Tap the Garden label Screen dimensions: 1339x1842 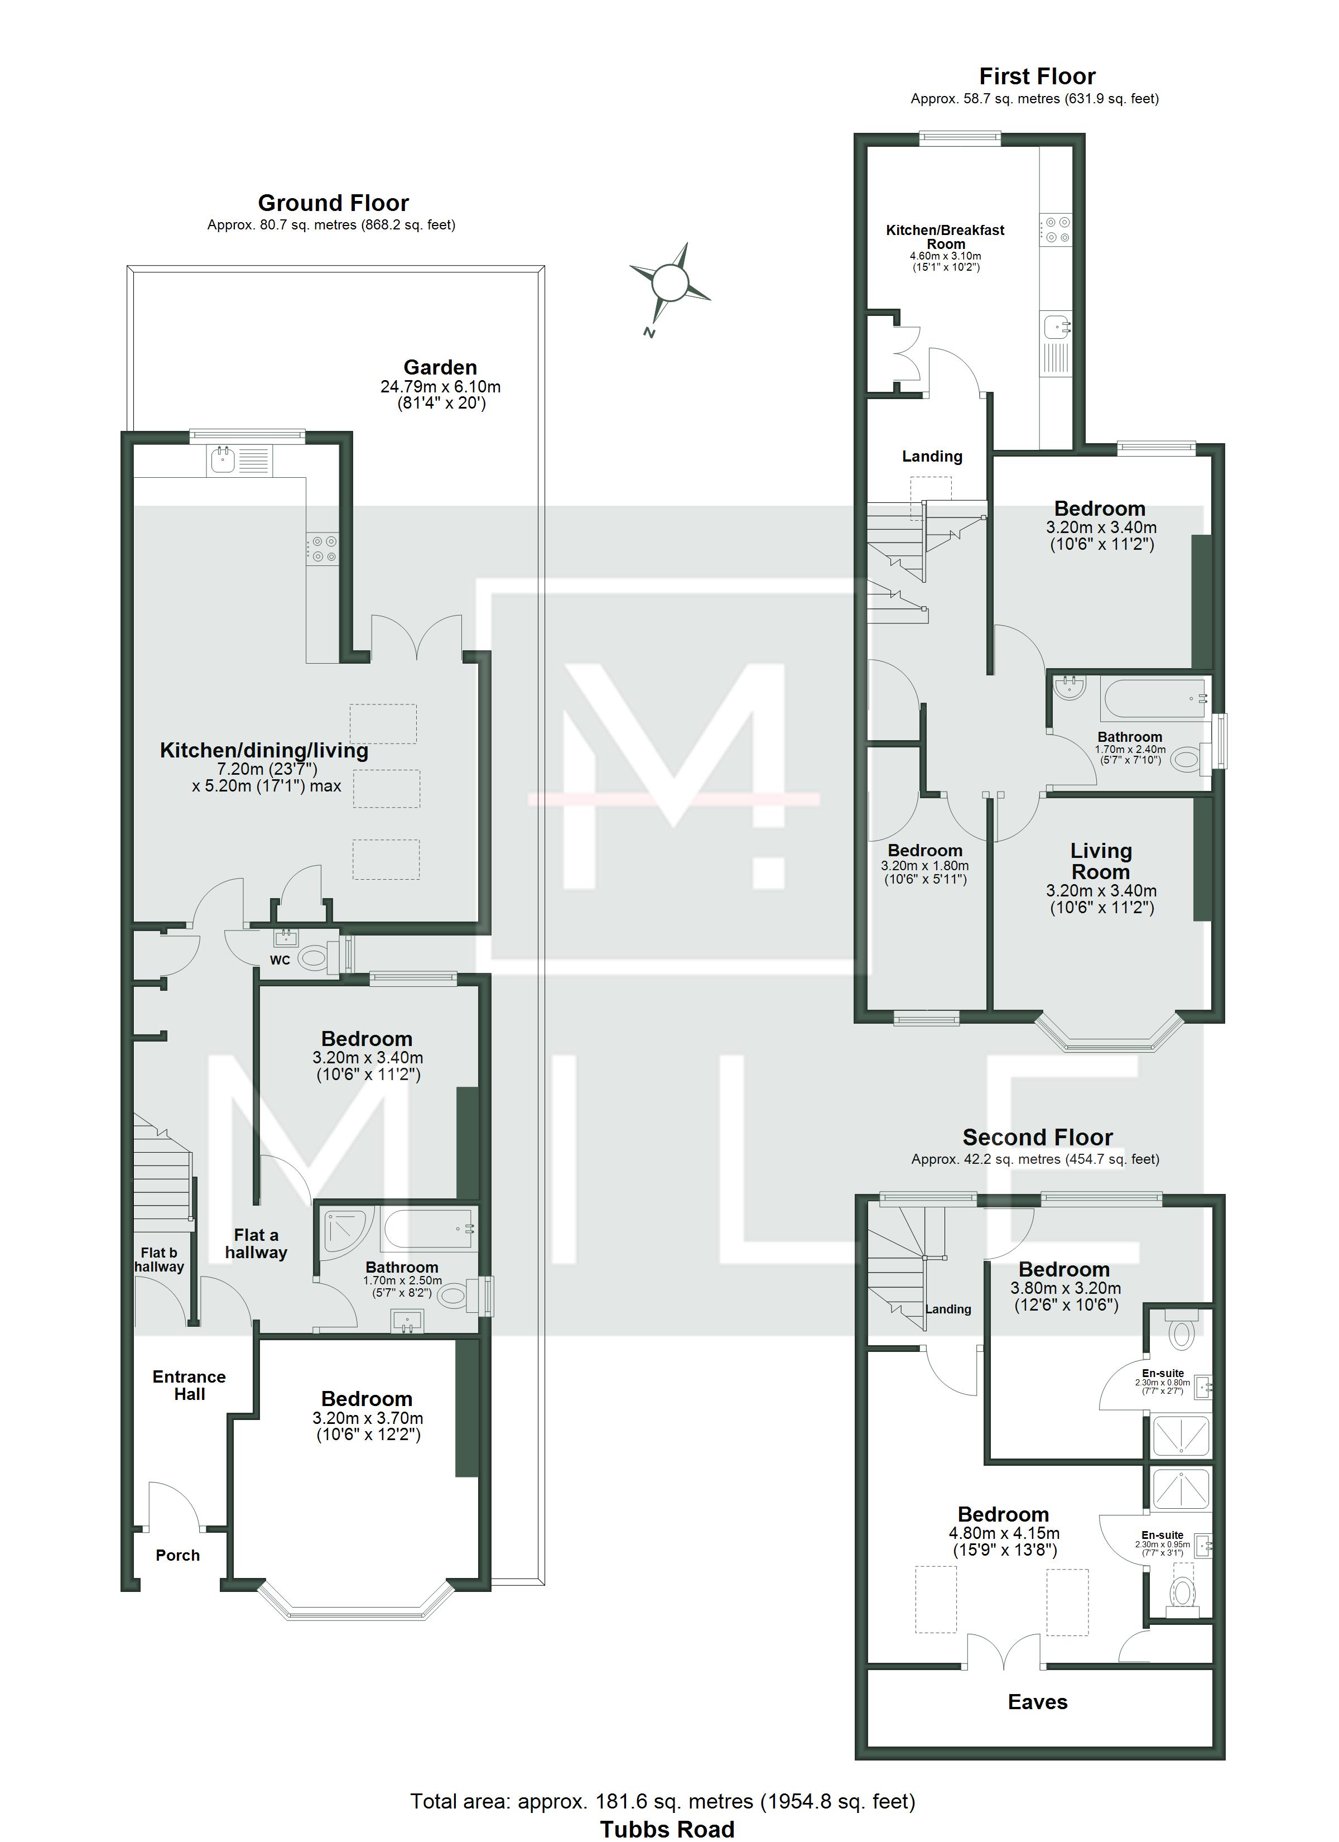440,367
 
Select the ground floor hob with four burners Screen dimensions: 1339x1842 321,548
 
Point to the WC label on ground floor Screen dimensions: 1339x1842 280,960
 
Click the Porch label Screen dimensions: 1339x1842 178,1555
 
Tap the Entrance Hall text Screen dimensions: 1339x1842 189,1385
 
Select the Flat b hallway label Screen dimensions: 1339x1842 159,1260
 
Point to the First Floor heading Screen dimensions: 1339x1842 1037,76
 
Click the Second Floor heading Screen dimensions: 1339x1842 1037,1137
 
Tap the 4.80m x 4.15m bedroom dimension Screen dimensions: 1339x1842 1004,1533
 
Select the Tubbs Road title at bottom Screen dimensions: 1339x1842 667,1829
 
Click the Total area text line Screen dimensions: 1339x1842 663,1801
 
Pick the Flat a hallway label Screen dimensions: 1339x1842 256,1244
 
